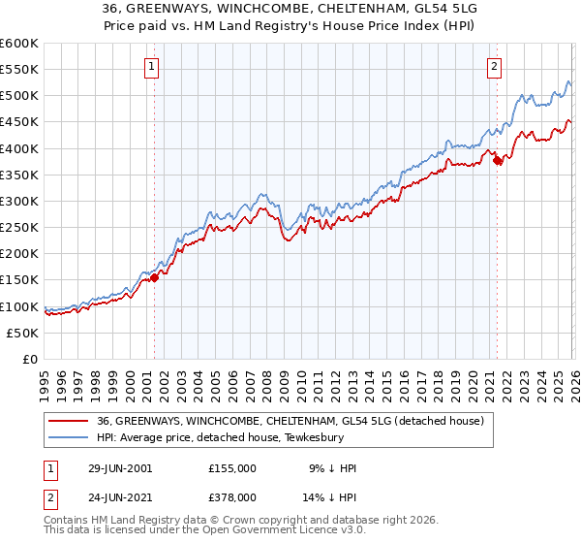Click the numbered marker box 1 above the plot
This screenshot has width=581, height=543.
tap(153, 67)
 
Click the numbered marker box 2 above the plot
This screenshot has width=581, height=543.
tap(495, 67)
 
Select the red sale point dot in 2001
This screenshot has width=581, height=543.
tap(154, 277)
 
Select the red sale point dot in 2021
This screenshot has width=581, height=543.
tap(498, 160)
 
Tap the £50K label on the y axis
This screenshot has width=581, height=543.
tap(23, 333)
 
